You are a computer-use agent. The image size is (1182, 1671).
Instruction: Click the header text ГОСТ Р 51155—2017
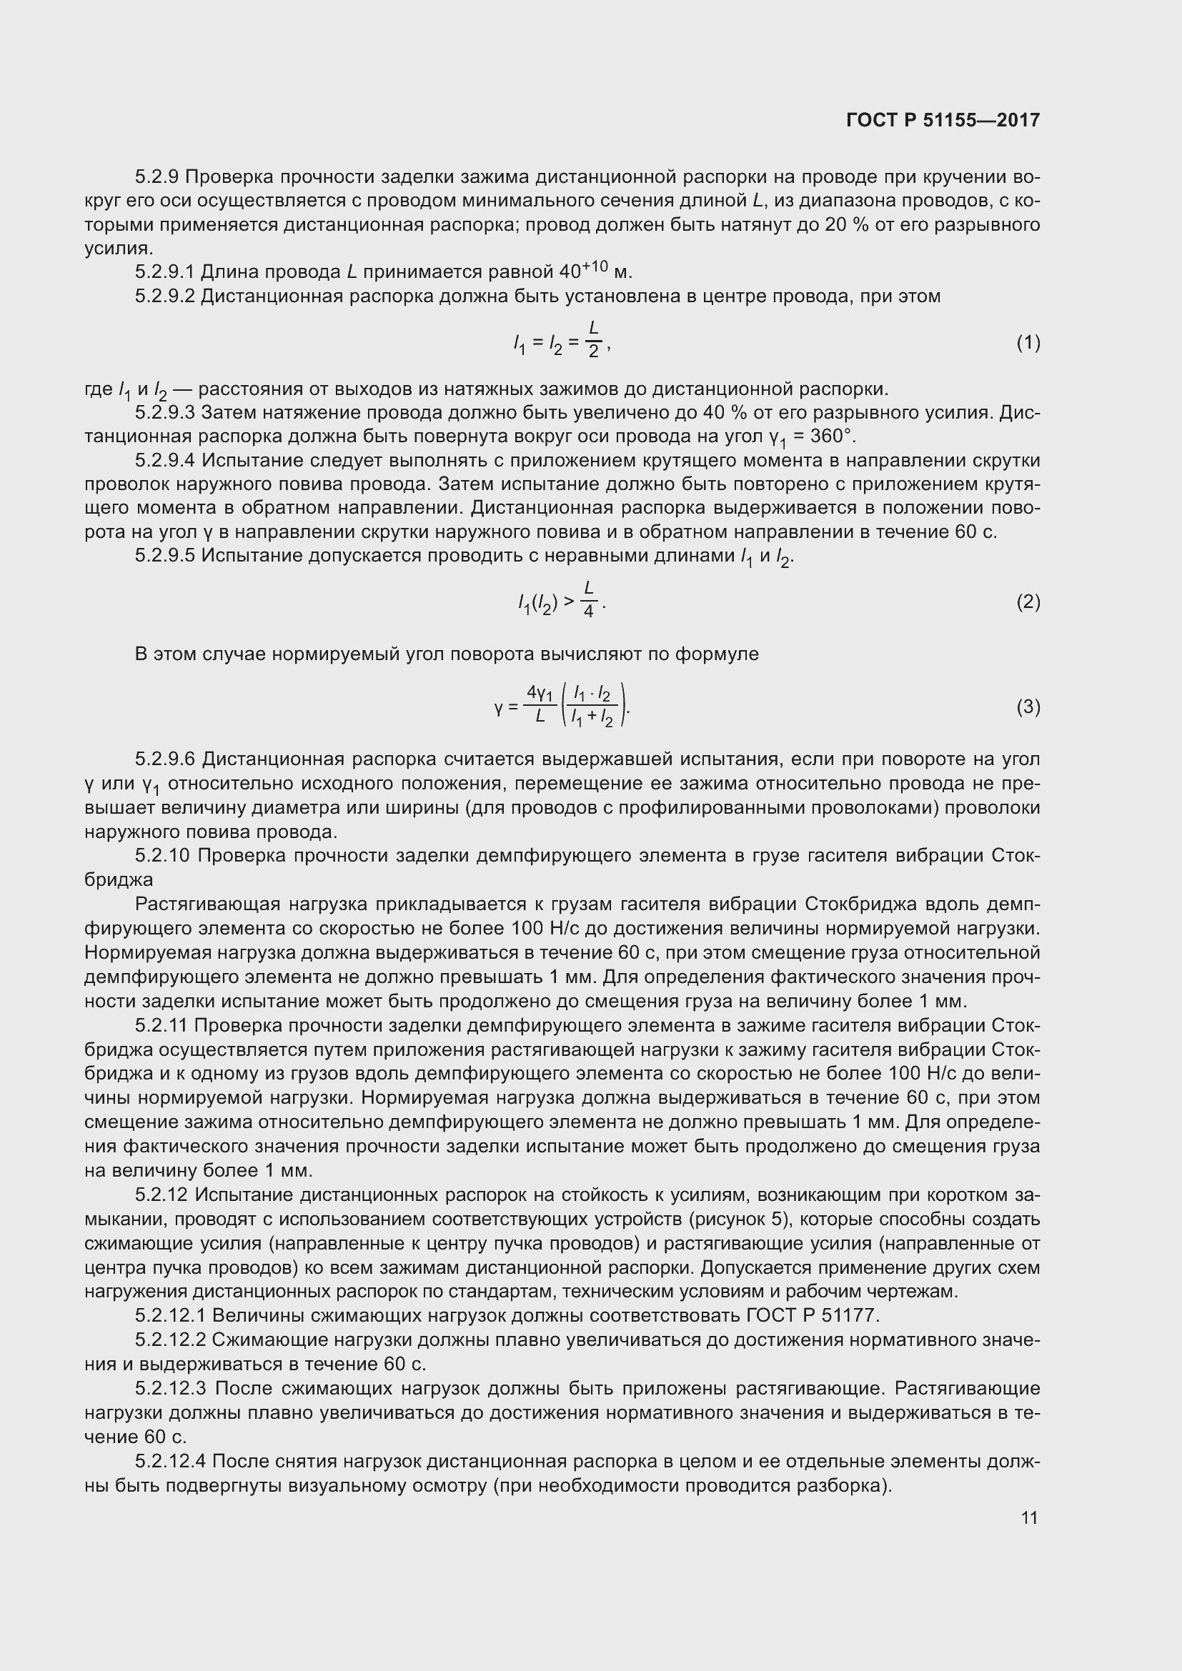click(943, 120)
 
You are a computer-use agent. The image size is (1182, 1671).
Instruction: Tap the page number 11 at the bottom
click(1029, 1517)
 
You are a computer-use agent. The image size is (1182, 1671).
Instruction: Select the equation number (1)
click(1028, 342)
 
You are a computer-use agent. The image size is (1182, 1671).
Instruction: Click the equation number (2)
click(1028, 601)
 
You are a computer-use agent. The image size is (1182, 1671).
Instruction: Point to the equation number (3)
click(1028, 706)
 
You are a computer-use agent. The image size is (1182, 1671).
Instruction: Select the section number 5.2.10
click(162, 855)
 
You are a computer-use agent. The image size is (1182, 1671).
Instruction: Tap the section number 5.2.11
click(162, 1025)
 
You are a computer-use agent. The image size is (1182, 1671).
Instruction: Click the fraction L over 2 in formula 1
click(593, 341)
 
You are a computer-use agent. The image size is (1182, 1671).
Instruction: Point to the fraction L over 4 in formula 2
click(589, 599)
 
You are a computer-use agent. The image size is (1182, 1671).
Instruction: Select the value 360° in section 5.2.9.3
click(833, 437)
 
